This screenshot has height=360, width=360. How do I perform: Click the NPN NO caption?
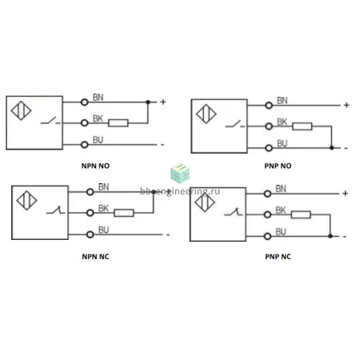point(95,166)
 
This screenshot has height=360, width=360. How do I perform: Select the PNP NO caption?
point(278,166)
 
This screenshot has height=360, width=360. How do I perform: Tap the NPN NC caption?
point(95,257)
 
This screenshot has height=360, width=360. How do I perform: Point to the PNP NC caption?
point(278,257)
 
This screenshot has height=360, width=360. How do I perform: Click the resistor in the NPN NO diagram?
point(118,123)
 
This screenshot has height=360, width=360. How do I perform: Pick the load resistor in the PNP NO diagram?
point(302,126)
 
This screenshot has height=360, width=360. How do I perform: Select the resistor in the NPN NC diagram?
point(124,213)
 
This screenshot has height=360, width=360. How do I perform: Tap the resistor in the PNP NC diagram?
point(301,214)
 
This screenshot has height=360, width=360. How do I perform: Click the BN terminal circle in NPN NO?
point(85,102)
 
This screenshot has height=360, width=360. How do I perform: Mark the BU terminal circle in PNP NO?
point(269,148)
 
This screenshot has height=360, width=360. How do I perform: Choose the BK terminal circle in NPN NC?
point(90,213)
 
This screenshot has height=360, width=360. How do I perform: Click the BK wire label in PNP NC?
point(281,210)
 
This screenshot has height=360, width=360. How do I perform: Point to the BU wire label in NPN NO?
point(98,140)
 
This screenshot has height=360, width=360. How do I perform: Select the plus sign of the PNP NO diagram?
point(346,105)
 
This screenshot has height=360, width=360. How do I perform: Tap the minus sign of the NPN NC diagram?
point(168,235)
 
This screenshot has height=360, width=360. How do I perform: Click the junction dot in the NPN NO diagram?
point(148,102)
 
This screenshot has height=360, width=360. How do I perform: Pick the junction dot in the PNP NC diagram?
point(330,236)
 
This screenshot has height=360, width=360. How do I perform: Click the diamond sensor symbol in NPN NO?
point(21,110)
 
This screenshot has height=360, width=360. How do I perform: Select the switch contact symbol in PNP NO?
point(235,124)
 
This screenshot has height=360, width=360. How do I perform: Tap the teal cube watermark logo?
point(180,174)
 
